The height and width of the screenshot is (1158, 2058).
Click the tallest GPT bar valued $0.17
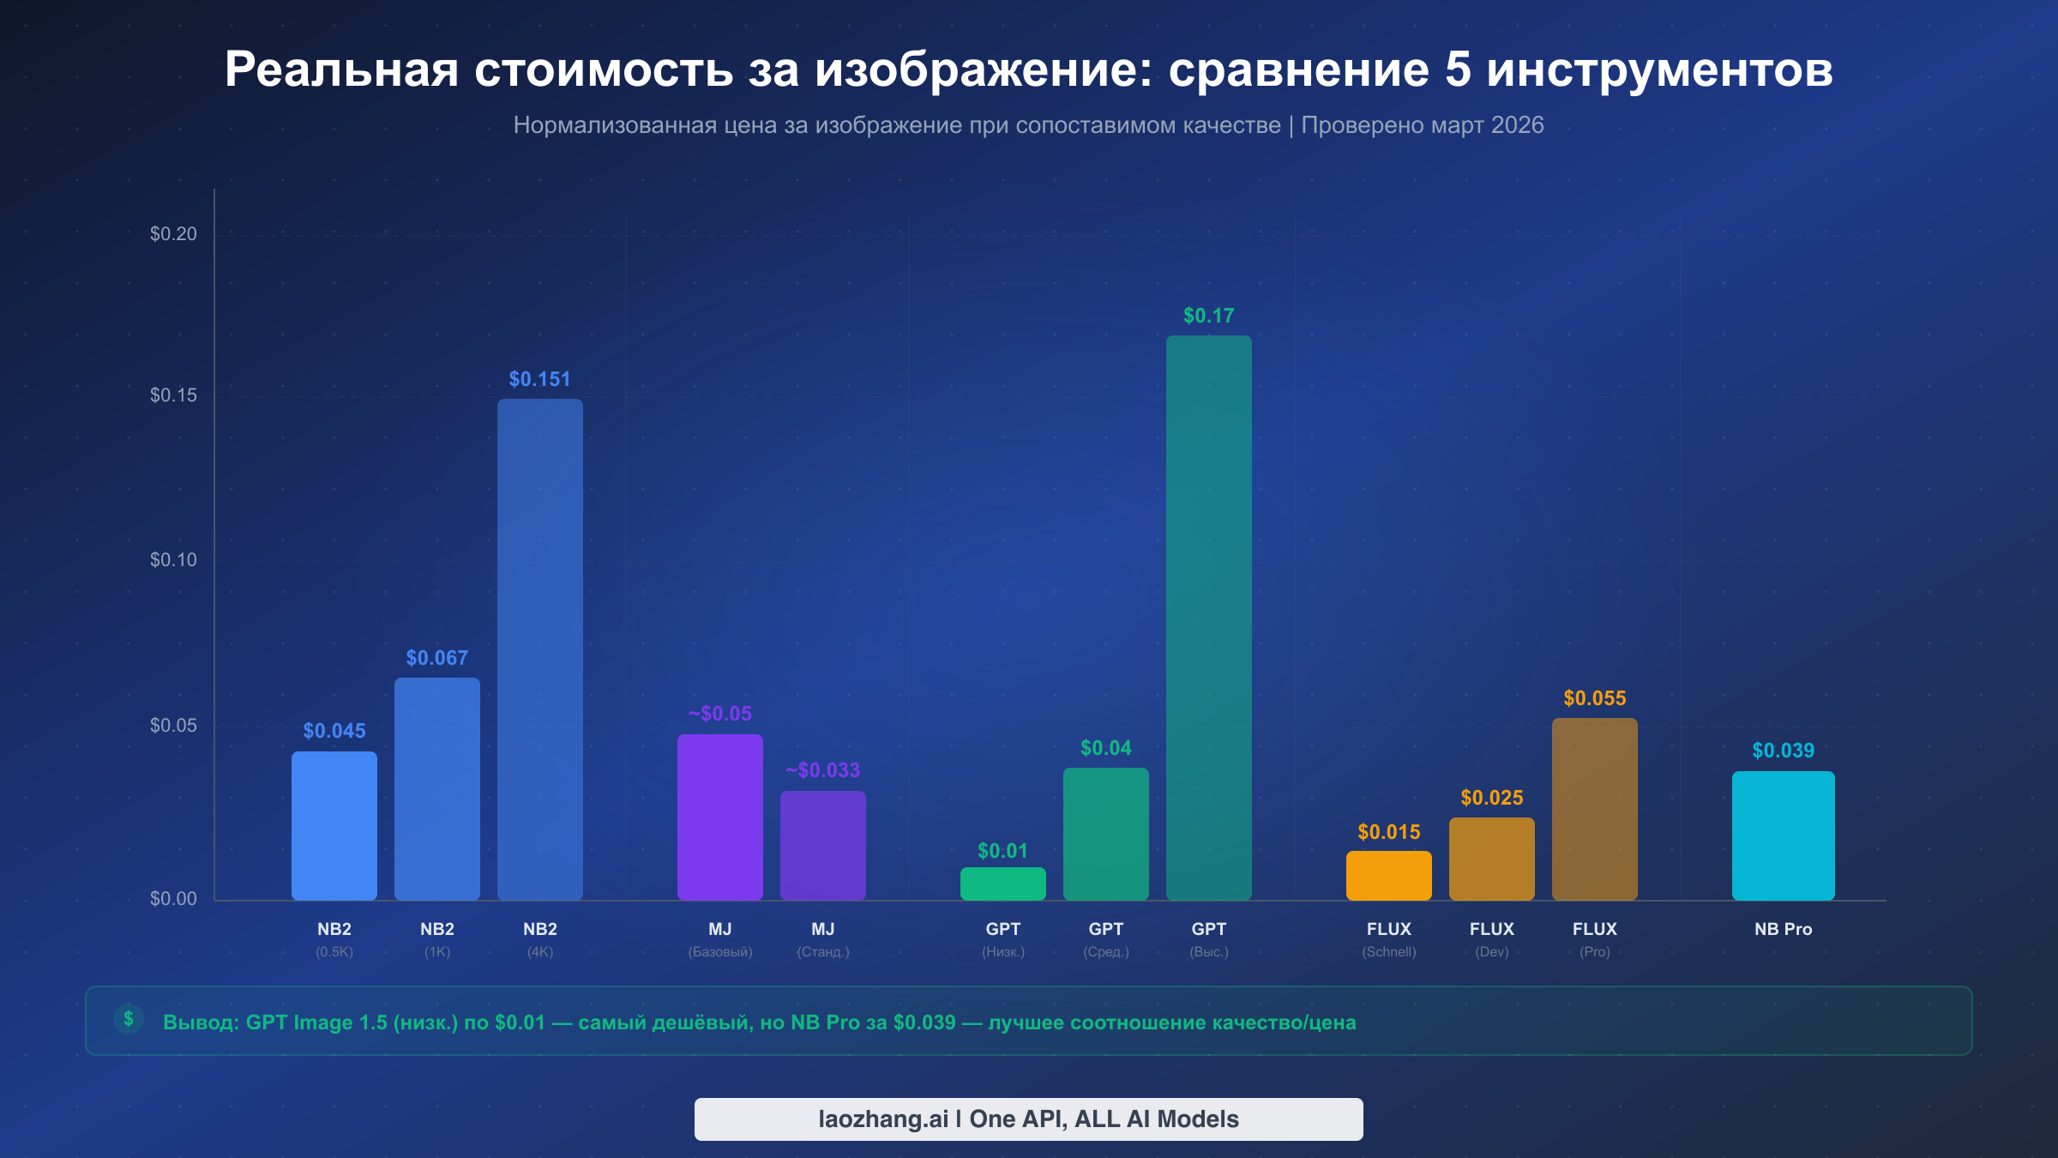coord(1208,618)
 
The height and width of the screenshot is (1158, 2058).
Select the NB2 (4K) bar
coord(539,649)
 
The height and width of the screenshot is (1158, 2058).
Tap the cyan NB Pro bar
coord(1783,835)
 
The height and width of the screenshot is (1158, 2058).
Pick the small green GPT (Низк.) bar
coord(1002,884)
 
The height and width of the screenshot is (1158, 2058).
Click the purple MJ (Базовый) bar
coord(719,817)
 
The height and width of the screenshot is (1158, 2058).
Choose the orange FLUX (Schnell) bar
coord(1388,876)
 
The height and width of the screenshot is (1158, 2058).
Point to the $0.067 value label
coord(436,658)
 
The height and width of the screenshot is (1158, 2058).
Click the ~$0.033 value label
coord(822,770)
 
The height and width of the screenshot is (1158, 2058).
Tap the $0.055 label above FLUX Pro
coord(1594,698)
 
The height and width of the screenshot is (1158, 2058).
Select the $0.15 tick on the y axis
coord(173,395)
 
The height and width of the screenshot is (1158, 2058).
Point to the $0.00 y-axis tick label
coord(173,899)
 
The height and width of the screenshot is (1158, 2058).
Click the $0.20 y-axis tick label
coord(173,234)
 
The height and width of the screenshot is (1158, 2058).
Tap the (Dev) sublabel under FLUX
coord(1491,952)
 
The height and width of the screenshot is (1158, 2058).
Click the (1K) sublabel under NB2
coord(436,952)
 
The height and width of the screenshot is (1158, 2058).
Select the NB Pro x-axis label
coord(1783,929)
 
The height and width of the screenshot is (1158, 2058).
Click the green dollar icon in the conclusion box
coord(129,1019)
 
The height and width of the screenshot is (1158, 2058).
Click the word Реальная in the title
coord(341,69)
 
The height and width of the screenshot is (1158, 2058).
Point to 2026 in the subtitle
coord(1517,125)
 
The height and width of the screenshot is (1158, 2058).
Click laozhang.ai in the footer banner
coord(882,1119)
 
